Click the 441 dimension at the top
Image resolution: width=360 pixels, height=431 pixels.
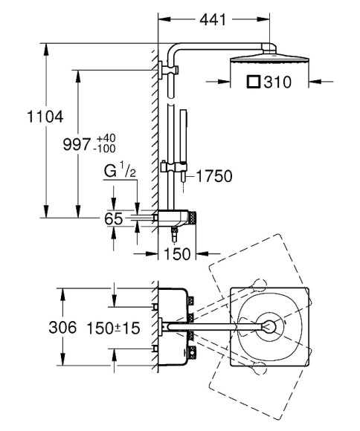click(x=213, y=20)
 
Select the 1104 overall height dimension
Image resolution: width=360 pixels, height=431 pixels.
click(x=45, y=117)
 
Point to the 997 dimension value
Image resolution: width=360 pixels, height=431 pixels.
click(x=77, y=144)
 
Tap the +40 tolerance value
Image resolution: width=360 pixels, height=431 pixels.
click(x=106, y=138)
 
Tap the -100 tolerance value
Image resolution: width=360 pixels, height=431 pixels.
click(x=104, y=149)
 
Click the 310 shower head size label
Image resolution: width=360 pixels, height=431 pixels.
click(x=277, y=82)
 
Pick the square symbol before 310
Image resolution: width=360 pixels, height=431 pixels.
click(x=253, y=82)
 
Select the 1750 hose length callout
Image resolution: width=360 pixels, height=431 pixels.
click(x=214, y=176)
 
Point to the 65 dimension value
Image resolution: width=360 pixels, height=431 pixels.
click(x=113, y=219)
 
